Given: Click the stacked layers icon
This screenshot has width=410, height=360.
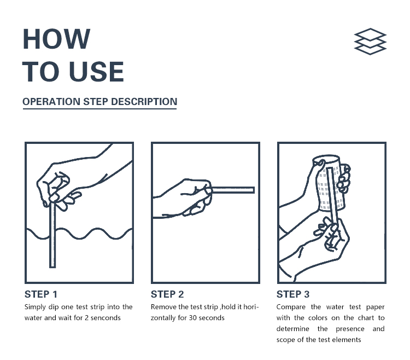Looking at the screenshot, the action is pyautogui.click(x=370, y=42).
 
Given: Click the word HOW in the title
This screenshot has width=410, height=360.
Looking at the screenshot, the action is pyautogui.click(x=56, y=39).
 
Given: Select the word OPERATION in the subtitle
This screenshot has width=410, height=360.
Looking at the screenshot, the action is pyautogui.click(x=51, y=102).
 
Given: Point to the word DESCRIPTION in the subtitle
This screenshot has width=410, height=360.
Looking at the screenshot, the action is pyautogui.click(x=144, y=102).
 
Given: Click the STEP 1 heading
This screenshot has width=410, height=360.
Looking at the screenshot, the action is pyautogui.click(x=41, y=294).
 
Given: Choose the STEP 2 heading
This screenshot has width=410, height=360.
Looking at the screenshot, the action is pyautogui.click(x=167, y=294).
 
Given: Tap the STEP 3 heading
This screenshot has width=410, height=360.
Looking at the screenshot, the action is pyautogui.click(x=293, y=294).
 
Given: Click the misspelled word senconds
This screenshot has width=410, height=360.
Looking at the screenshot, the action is pyautogui.click(x=106, y=318).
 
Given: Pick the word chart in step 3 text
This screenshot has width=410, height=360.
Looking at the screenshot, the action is pyautogui.click(x=366, y=318).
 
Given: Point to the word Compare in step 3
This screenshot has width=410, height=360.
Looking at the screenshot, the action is pyautogui.click(x=291, y=307).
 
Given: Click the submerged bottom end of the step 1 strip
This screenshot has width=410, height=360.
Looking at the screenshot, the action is pyautogui.click(x=52, y=267).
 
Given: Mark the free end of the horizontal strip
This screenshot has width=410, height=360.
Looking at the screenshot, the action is pyautogui.click(x=254, y=190).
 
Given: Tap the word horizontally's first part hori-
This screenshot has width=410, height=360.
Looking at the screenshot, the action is pyautogui.click(x=251, y=307).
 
